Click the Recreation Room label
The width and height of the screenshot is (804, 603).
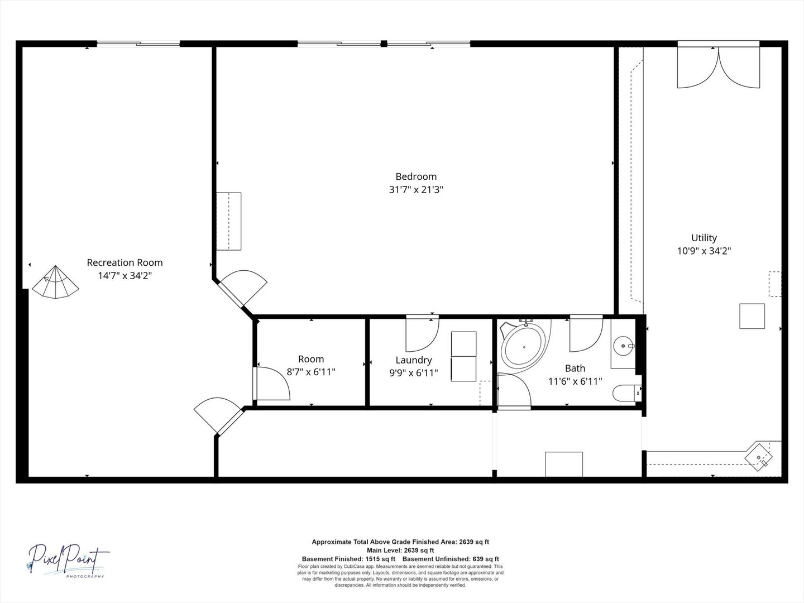(x=125, y=262)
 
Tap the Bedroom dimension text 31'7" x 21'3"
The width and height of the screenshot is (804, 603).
(x=416, y=190)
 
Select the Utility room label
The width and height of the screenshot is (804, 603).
(x=703, y=238)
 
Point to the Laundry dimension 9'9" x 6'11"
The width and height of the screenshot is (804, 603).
(x=413, y=372)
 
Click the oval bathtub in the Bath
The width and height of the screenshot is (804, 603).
(x=523, y=347)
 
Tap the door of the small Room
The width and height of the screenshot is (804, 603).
(x=272, y=384)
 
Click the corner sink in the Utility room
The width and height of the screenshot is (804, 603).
(x=761, y=458)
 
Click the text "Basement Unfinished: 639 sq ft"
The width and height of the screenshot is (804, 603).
(x=451, y=559)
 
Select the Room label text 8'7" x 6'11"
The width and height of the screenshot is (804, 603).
(x=310, y=372)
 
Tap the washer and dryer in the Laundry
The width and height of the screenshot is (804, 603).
(x=463, y=356)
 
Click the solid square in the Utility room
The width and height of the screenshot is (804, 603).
(x=752, y=316)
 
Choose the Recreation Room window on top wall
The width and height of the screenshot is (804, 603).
(x=138, y=44)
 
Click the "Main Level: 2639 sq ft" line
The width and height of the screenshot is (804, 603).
(x=400, y=550)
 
